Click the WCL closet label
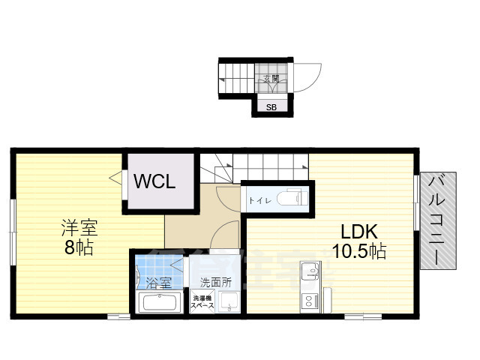(155, 181)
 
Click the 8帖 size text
(78, 248)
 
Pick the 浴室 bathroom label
(158, 283)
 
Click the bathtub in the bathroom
(159, 304)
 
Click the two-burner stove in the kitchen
(309, 302)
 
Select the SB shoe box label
(271, 107)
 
